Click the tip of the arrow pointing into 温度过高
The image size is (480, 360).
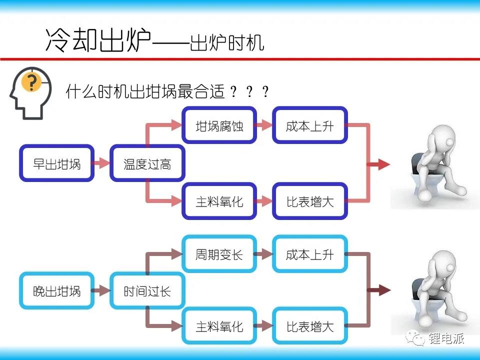tap(109, 163)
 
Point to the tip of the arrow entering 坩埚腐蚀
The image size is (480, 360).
tap(182, 125)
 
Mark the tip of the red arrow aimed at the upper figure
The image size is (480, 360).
tap(390, 164)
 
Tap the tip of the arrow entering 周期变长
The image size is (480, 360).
tap(183, 254)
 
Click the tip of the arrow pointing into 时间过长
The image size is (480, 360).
tap(110, 290)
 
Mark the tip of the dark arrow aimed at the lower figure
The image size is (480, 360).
tap(391, 290)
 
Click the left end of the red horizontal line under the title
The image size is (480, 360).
tap(0, 59)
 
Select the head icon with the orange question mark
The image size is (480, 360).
tap(30, 93)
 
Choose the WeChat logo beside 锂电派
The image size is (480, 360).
tap(415, 338)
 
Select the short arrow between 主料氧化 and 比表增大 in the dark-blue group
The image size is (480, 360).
tap(264, 201)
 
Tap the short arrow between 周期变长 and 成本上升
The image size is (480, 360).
tap(264, 254)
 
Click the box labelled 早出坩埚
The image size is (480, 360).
tap(56, 163)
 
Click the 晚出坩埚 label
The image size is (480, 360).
tap(56, 291)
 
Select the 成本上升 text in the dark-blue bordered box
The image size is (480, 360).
tap(309, 125)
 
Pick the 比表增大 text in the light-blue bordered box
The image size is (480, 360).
tap(310, 326)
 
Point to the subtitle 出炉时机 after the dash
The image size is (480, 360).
tap(227, 42)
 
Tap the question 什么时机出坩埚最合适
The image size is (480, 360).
tap(145, 91)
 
